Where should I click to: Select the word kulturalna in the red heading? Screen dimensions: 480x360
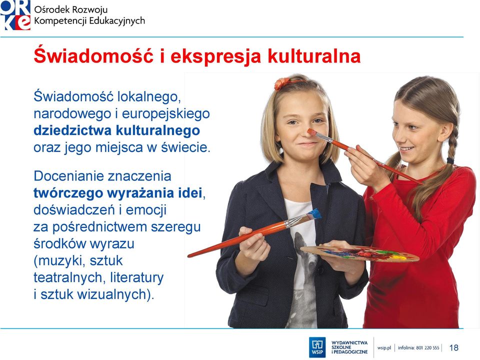pos(314,56)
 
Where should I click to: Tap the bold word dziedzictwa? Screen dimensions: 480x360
pos(72,130)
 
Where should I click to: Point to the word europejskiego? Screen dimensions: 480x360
pos(166,114)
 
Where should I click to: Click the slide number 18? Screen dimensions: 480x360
pos(453,347)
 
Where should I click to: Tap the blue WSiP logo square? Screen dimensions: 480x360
pos(317,347)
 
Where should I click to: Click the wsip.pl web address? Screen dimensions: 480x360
pos(384,348)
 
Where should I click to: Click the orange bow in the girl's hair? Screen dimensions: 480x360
pos(282,83)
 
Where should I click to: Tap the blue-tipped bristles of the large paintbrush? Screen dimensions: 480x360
pos(314,214)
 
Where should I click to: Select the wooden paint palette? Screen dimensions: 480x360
pos(359,253)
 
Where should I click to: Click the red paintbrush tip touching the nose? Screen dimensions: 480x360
pos(311,132)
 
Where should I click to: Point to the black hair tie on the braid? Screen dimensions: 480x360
pos(450,160)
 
